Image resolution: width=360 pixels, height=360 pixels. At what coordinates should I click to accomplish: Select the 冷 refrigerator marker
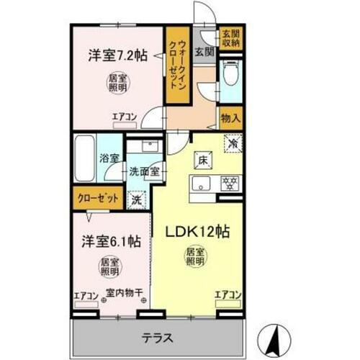(x=232, y=143)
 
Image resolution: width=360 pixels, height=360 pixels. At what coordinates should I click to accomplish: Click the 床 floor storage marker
(x=203, y=160)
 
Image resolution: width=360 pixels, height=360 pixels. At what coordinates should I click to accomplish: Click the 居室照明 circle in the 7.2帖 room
(x=114, y=82)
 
